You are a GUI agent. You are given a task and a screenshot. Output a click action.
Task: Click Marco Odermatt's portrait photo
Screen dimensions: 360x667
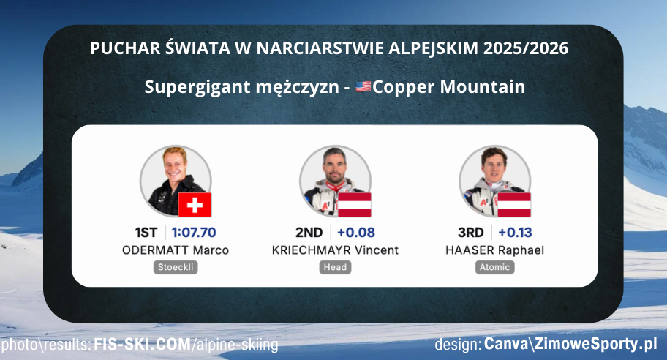pyautogui.click(x=170, y=178)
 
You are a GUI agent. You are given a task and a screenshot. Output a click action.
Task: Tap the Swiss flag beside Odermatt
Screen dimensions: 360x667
pyautogui.click(x=195, y=205)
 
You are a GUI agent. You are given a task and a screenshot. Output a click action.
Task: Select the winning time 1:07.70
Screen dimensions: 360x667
pyautogui.click(x=195, y=233)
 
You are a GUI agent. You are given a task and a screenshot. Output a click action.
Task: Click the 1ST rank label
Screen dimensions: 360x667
pyautogui.click(x=146, y=233)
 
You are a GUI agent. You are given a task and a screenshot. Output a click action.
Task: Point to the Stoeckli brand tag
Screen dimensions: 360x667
pyautogui.click(x=176, y=267)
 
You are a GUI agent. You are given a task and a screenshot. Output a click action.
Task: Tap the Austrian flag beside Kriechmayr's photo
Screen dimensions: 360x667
pyautogui.click(x=354, y=205)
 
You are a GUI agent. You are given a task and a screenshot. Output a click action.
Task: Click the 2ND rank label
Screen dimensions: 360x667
pyautogui.click(x=309, y=233)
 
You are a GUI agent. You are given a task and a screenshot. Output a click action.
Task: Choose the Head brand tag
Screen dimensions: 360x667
pyautogui.click(x=335, y=267)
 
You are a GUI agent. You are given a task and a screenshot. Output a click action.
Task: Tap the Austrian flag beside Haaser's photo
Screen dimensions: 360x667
pyautogui.click(x=514, y=205)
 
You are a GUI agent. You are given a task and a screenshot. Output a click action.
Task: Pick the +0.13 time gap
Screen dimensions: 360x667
pyautogui.click(x=515, y=233)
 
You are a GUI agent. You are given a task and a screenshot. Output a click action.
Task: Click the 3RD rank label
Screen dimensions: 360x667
pyautogui.click(x=470, y=233)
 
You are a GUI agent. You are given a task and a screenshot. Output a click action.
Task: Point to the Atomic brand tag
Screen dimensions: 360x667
pyautogui.click(x=494, y=267)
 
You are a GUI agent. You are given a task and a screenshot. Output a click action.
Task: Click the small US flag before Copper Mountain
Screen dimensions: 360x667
pyautogui.click(x=363, y=87)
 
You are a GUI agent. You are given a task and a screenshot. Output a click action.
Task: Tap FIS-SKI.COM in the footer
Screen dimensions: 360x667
pyautogui.click(x=140, y=344)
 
